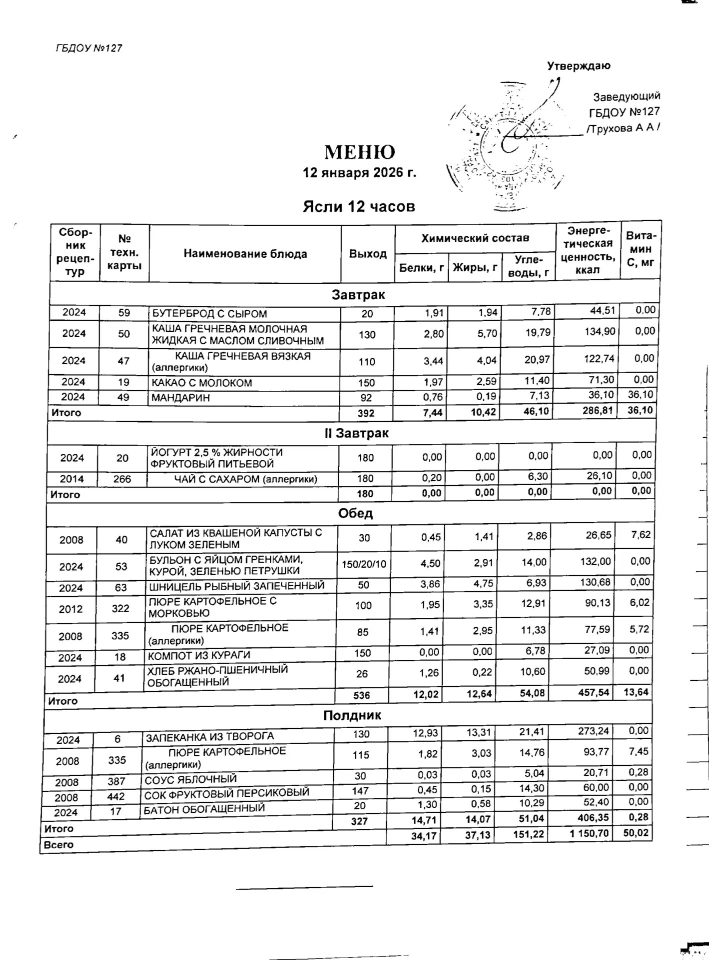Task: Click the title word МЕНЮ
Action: point(359,152)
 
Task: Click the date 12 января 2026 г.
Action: point(359,173)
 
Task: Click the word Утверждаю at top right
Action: point(579,66)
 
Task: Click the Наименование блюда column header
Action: point(245,254)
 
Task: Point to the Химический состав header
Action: point(475,238)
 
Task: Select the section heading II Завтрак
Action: point(356,433)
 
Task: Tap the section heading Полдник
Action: point(352,715)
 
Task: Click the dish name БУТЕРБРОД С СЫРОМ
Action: point(209,314)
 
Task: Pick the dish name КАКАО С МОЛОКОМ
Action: point(202,383)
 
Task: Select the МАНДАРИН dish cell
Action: point(181,398)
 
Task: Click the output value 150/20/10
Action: point(364,564)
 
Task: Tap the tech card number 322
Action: point(120,608)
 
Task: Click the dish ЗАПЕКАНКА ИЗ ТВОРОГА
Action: point(209,736)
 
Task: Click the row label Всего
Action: point(59,845)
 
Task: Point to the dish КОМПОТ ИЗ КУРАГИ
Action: point(199,655)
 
